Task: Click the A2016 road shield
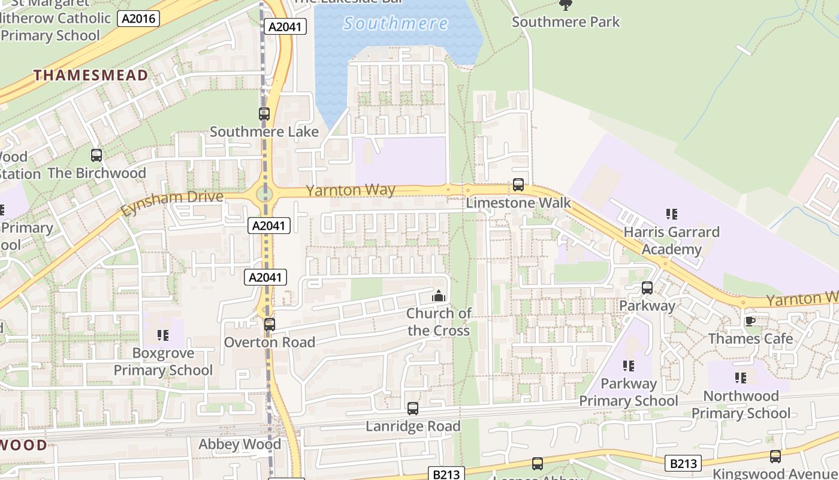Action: point(138,19)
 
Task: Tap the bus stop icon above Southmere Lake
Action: point(264,113)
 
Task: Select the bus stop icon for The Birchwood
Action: point(96,155)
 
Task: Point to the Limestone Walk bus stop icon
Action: point(518,185)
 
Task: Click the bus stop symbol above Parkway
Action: point(647,287)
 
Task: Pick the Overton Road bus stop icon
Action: point(270,325)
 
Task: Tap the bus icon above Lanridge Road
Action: point(413,409)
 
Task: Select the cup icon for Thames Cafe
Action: point(750,321)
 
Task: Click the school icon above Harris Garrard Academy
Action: point(672,214)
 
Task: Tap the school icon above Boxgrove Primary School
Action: point(163,335)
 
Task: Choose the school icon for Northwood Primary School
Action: point(741,378)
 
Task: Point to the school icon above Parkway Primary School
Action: point(629,365)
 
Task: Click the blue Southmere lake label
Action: point(396,24)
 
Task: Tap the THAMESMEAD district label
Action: point(90,75)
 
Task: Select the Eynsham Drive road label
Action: point(172,203)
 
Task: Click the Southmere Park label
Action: point(566,22)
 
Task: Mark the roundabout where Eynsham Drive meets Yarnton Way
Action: point(264,194)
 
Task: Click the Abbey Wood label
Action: point(240,445)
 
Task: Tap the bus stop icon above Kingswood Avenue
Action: point(775,457)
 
